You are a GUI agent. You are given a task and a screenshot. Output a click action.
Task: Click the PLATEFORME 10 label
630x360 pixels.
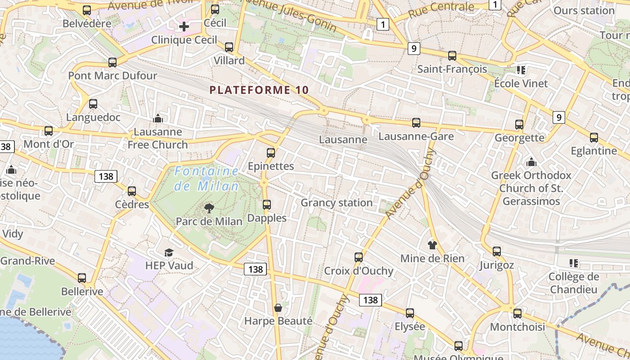(x=259, y=90)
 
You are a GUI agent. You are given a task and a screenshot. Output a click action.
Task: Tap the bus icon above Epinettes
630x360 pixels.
(x=271, y=153)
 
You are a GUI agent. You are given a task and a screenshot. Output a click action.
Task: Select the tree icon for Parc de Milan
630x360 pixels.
(x=209, y=208)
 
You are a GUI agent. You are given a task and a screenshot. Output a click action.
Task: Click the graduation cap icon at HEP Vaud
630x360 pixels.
(x=169, y=252)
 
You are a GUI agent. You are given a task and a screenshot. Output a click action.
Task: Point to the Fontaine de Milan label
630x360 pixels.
(x=207, y=178)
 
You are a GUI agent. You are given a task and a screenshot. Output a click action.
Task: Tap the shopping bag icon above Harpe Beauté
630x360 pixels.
(x=278, y=308)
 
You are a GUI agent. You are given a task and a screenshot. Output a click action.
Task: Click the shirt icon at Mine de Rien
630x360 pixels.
(x=432, y=245)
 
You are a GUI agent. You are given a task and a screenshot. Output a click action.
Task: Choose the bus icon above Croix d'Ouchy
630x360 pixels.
(x=359, y=257)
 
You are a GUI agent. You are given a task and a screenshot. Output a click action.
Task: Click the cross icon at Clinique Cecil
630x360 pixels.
(x=184, y=27)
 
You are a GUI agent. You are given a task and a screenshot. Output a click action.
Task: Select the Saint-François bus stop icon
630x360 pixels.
(x=452, y=56)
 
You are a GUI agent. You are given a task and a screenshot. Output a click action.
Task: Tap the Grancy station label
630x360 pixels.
(x=337, y=203)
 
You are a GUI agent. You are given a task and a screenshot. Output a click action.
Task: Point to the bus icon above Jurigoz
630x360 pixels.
(x=497, y=252)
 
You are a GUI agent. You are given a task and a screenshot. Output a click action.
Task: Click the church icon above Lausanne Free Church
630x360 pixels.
(x=158, y=119)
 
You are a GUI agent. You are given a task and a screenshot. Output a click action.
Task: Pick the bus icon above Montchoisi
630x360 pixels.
(x=517, y=314)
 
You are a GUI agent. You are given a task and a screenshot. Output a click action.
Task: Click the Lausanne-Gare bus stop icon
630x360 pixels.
(x=416, y=123)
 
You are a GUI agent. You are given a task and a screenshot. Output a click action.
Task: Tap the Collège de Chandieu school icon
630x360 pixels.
(x=573, y=263)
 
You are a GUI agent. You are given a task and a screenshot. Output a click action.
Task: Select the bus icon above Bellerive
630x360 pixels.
(x=82, y=278)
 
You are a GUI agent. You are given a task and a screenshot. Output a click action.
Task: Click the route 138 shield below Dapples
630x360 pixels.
(x=256, y=269)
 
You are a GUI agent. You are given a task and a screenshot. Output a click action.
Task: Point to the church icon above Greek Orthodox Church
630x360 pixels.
(x=531, y=162)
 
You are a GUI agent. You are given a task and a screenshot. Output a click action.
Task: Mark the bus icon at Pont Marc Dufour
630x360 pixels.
(x=112, y=63)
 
